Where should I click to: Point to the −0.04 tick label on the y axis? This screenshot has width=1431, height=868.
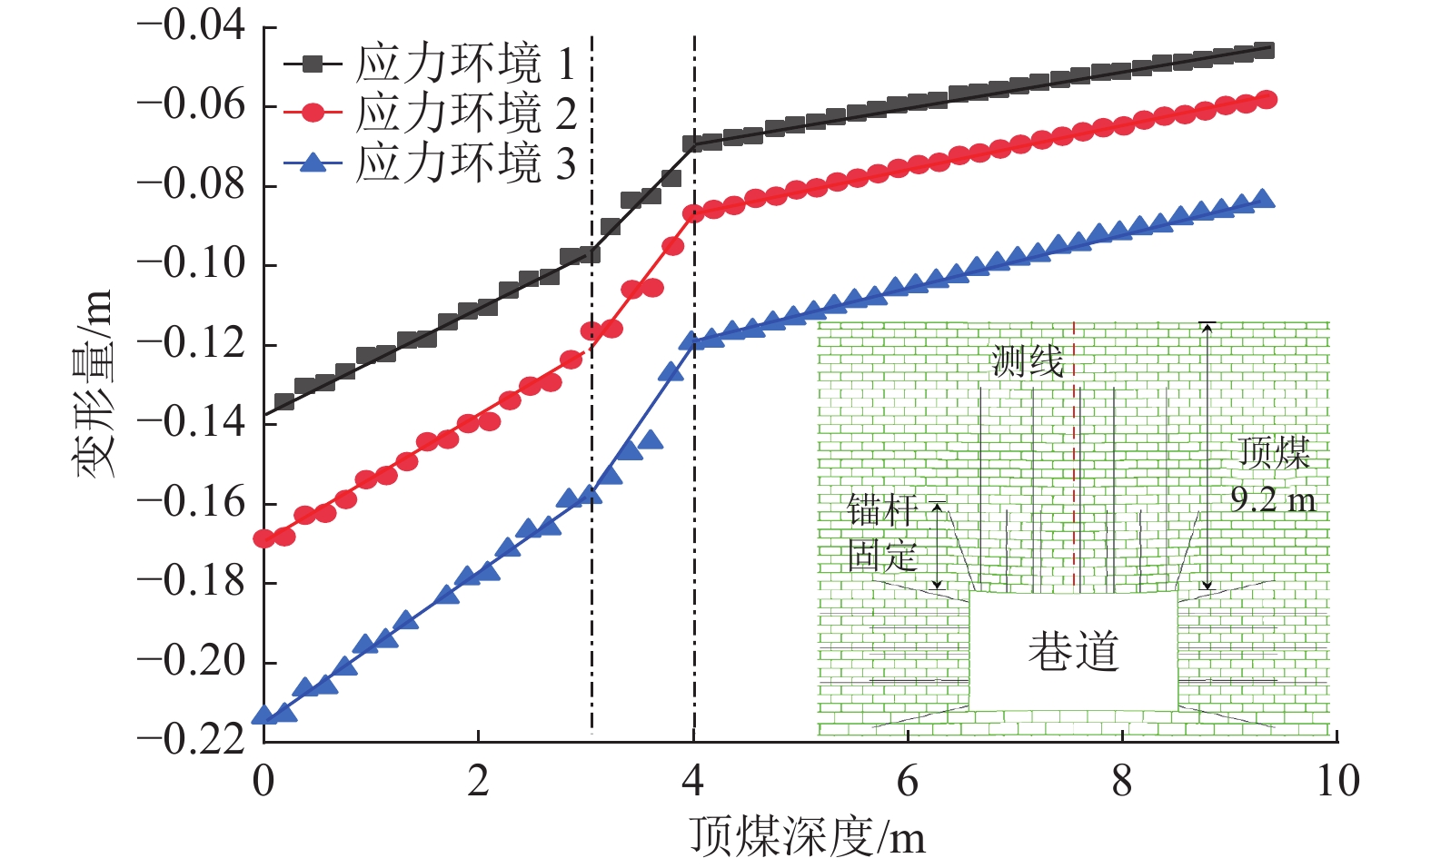point(191,25)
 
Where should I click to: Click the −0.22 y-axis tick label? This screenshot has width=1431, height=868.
point(191,740)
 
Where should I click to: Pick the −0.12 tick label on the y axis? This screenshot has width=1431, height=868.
point(191,343)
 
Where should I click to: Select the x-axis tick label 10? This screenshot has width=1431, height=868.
point(1337,781)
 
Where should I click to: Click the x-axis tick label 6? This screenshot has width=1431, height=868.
point(908,781)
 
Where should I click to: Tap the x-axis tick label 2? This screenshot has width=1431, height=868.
point(478,781)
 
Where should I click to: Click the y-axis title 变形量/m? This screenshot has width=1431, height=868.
point(94,383)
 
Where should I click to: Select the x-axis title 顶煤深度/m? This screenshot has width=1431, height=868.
point(808,836)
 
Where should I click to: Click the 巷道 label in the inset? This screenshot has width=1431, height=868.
point(1073,652)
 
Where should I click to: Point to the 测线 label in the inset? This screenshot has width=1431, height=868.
point(1027,361)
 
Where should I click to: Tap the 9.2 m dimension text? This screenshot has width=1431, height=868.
point(1273,499)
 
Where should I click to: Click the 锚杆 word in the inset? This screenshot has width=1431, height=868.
point(881,510)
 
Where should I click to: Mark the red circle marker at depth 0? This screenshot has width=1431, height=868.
point(263,538)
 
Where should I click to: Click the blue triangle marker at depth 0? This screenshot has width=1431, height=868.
point(263,715)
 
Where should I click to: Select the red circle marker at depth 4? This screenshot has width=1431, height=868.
point(693,213)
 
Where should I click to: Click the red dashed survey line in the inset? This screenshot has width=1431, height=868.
point(1074,454)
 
